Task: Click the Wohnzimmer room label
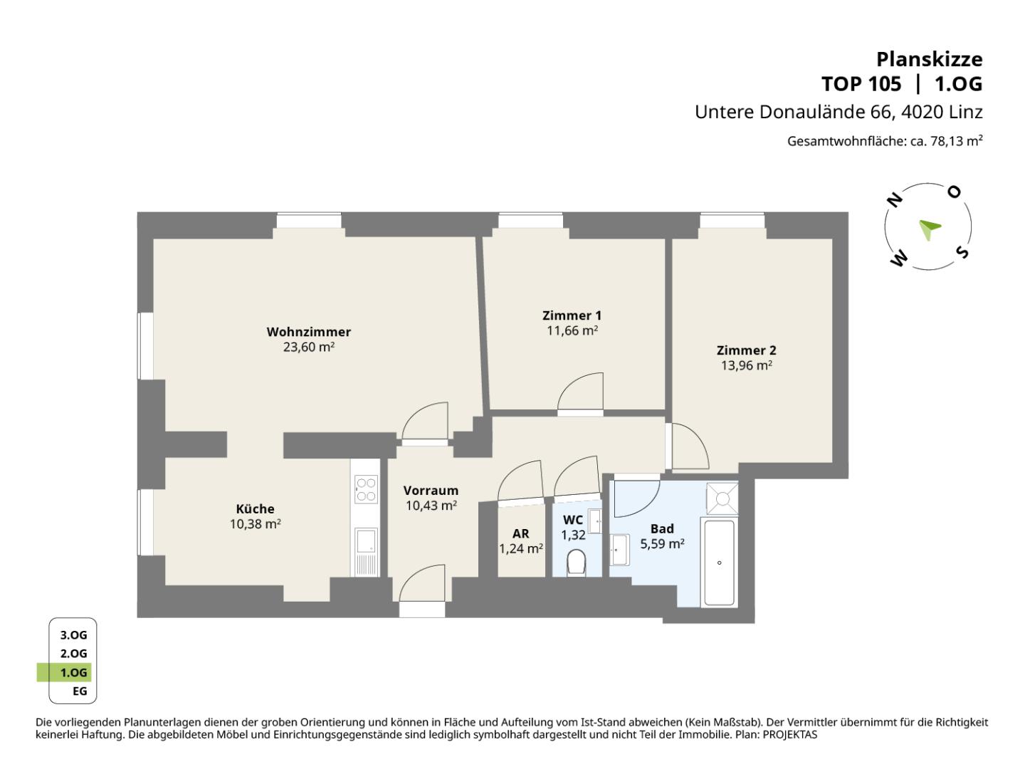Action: coord(308,332)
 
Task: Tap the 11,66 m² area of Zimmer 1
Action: coord(572,330)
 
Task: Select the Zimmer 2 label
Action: coord(746,350)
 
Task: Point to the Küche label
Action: coord(255,509)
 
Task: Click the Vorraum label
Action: coord(431,491)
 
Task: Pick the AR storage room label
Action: coord(520,534)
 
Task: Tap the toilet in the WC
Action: coord(577,563)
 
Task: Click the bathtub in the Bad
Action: coord(719,563)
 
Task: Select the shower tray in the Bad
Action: coord(722,498)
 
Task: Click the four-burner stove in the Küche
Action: coord(366,489)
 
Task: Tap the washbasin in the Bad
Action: coord(620,550)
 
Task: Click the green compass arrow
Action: coord(930,229)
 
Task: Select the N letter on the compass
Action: coord(894,200)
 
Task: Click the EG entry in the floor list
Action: coord(80,691)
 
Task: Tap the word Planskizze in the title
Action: coord(930,59)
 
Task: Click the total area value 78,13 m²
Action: coord(957,141)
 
